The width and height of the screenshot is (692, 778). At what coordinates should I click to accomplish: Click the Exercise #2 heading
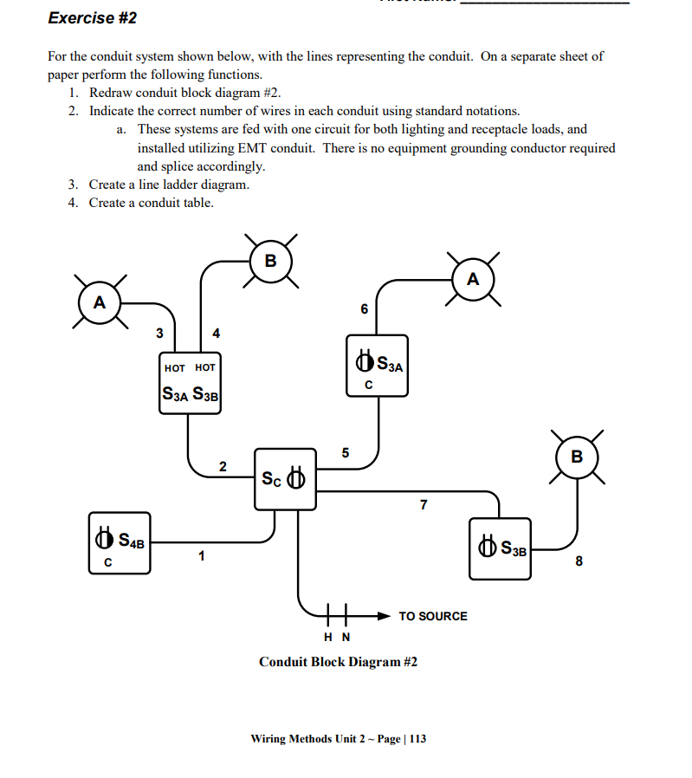pyautogui.click(x=93, y=18)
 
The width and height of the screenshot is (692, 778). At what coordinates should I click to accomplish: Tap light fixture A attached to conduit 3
pyautogui.click(x=100, y=302)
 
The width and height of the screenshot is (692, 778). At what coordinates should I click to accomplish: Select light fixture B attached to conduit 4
pyautogui.click(x=270, y=260)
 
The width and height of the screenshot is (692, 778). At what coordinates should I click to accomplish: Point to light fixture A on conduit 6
pyautogui.click(x=472, y=280)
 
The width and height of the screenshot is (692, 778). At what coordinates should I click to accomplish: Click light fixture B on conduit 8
pyautogui.click(x=577, y=456)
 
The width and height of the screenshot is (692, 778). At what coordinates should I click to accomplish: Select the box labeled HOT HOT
pyautogui.click(x=191, y=384)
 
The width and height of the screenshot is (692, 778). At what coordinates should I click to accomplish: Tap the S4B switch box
pyautogui.click(x=120, y=542)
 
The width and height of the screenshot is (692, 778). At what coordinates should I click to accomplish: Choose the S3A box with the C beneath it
pyautogui.click(x=377, y=365)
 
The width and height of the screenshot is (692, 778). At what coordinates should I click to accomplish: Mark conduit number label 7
pyautogui.click(x=423, y=505)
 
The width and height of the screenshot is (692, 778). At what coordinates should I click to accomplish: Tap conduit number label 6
pyautogui.click(x=364, y=309)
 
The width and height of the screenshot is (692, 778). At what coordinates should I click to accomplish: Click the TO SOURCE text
pyautogui.click(x=432, y=616)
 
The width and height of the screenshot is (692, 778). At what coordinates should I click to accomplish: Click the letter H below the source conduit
pyautogui.click(x=328, y=638)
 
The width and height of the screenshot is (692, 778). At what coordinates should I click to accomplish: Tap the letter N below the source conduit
pyautogui.click(x=346, y=638)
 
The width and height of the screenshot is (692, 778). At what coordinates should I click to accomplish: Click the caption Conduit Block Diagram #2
pyautogui.click(x=338, y=662)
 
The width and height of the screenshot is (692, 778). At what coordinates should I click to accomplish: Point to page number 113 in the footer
pyautogui.click(x=417, y=739)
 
